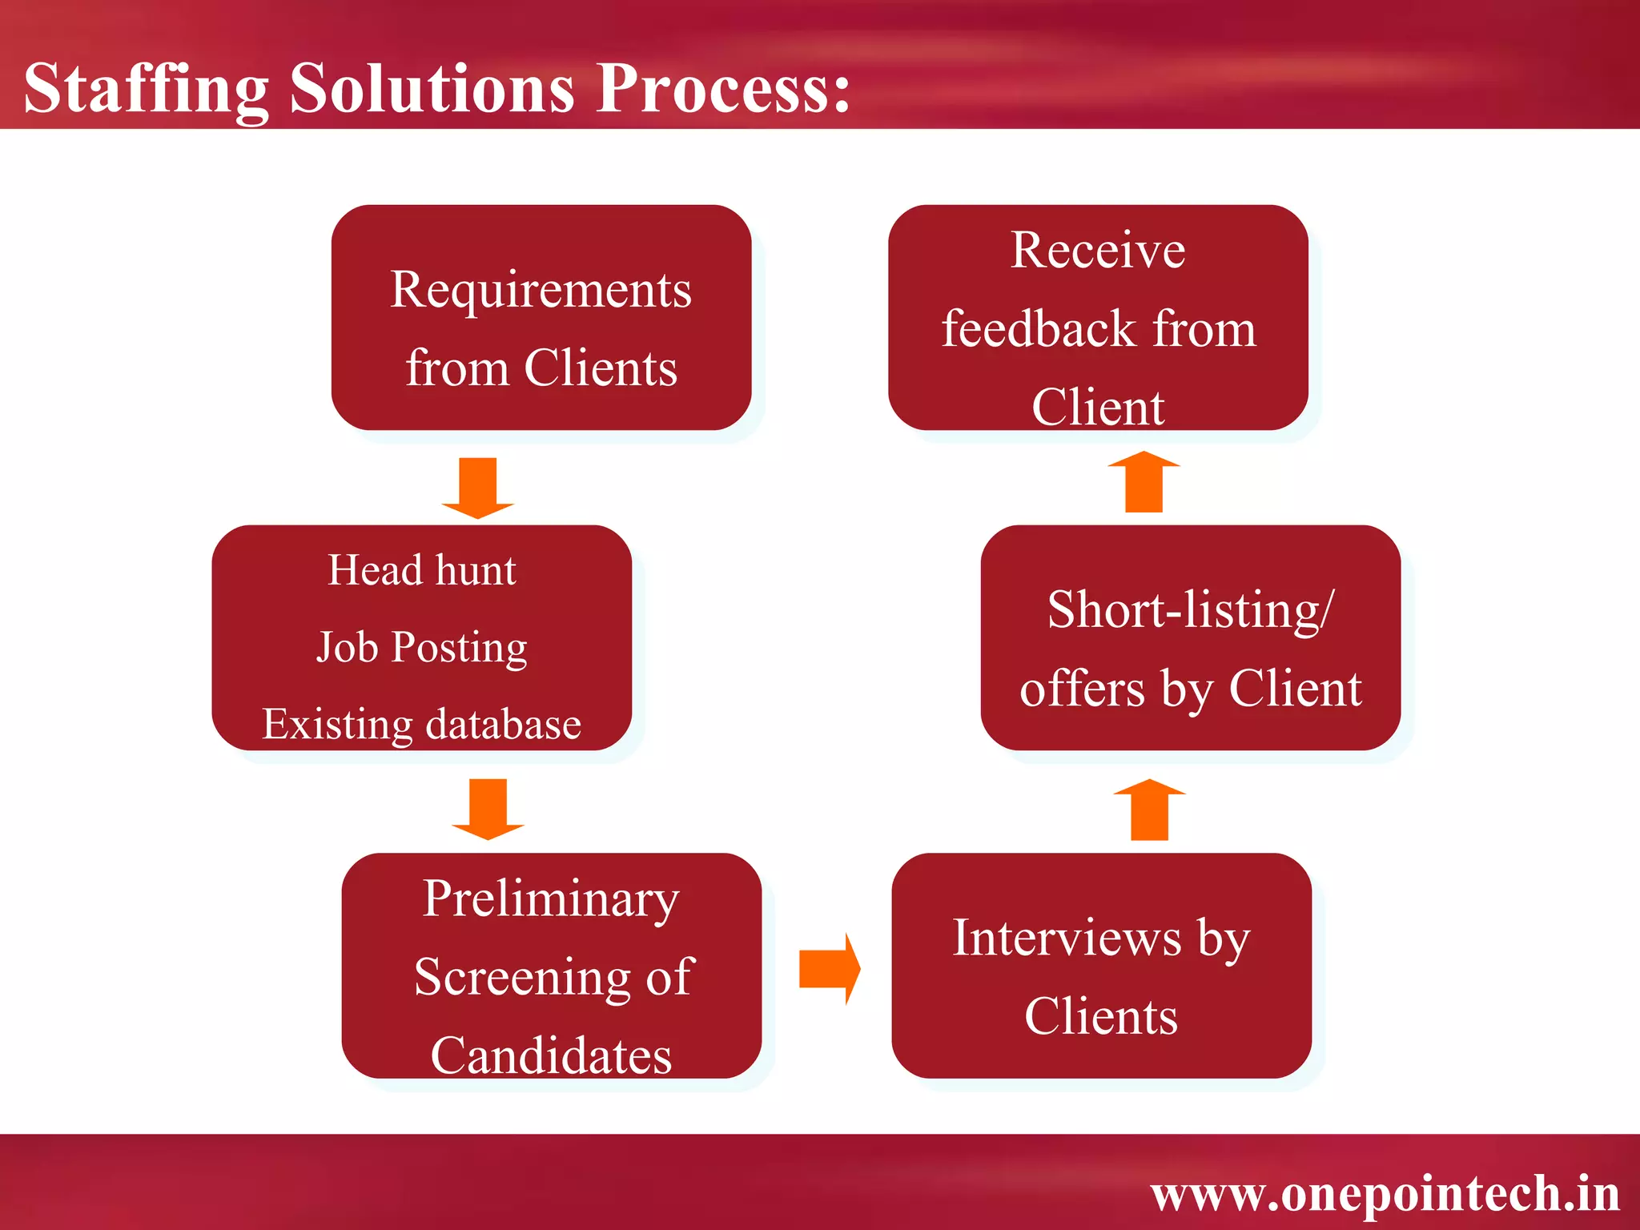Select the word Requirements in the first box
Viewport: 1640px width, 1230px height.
[541, 289]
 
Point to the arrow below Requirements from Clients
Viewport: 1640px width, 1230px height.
[478, 488]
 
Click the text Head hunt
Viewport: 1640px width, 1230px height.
[422, 570]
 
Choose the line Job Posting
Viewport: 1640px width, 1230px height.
[422, 647]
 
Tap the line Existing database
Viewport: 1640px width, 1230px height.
[422, 724]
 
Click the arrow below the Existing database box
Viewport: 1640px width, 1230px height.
[488, 808]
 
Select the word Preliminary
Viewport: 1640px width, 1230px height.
[551, 898]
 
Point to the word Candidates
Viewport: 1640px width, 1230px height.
[551, 1055]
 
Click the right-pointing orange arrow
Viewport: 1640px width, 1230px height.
[830, 968]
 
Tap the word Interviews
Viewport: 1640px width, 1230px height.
[1067, 938]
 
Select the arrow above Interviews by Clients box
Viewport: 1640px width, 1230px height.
[1149, 810]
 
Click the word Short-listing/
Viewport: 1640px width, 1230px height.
[1190, 610]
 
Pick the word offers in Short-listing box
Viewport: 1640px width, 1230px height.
[1082, 689]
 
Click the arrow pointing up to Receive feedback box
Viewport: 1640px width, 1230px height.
[1144, 482]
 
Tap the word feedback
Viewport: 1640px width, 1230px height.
[1039, 328]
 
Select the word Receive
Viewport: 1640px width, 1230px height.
[1098, 250]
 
